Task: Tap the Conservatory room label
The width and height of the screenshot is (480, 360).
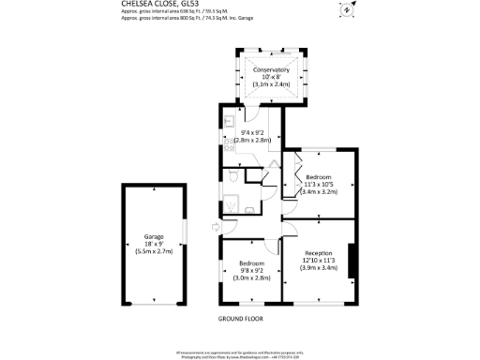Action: (x=269, y=69)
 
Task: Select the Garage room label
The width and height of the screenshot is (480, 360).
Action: (x=154, y=236)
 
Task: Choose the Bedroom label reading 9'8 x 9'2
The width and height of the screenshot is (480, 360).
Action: (x=250, y=263)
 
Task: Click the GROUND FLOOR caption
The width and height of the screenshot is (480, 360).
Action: (x=239, y=319)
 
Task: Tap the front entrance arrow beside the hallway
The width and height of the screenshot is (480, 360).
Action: (x=217, y=226)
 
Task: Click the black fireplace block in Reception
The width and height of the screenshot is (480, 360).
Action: (x=352, y=261)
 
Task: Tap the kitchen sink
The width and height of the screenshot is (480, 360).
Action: (x=228, y=120)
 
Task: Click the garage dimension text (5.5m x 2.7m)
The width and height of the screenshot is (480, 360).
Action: (x=154, y=251)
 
